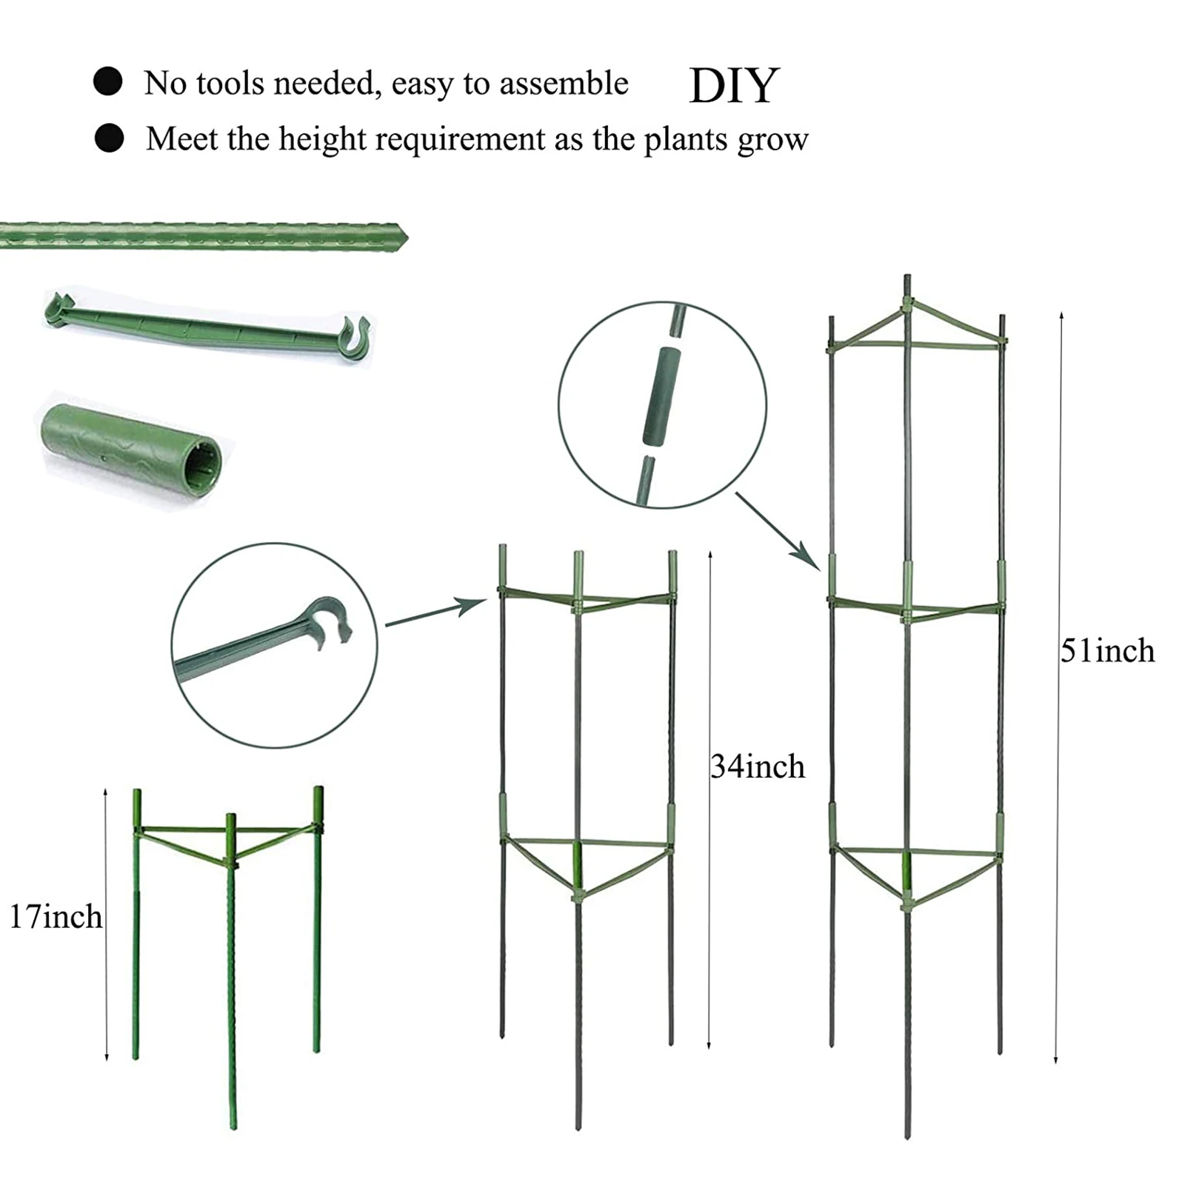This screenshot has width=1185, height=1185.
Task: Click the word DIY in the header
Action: click(x=734, y=86)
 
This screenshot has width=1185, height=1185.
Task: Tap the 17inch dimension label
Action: click(x=56, y=917)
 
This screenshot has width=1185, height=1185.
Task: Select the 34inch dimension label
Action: click(x=758, y=767)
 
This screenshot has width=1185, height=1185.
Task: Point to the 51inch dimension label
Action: click(x=1108, y=651)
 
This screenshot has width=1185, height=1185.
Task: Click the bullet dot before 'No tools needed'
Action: click(x=108, y=81)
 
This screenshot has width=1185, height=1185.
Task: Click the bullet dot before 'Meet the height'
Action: click(x=110, y=138)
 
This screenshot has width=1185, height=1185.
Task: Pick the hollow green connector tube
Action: click(x=131, y=449)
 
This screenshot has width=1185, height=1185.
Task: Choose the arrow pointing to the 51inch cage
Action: click(x=778, y=531)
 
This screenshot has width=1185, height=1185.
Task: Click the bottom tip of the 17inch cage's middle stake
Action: click(x=234, y=1127)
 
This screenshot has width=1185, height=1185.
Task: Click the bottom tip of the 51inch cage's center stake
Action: click(x=907, y=1136)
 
